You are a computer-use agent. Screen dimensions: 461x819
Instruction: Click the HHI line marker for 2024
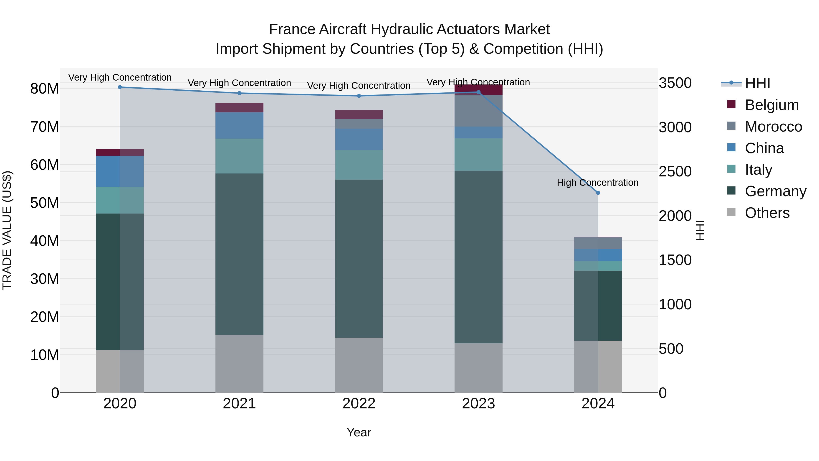(x=598, y=193)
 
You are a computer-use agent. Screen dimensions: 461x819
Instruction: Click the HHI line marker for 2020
(x=120, y=87)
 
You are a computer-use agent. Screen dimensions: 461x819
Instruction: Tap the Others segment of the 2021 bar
(x=239, y=363)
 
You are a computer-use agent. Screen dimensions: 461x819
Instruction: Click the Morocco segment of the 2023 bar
(x=478, y=111)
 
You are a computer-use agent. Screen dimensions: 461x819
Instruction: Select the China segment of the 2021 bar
(x=239, y=125)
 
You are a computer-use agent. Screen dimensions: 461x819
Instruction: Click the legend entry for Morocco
(x=773, y=127)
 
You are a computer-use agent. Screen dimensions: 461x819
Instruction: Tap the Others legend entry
(x=767, y=213)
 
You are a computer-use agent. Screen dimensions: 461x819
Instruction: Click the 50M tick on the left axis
(x=45, y=203)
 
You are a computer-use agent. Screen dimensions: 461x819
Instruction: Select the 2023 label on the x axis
(x=478, y=404)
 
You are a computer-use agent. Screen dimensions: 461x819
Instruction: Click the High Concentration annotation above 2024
(x=597, y=183)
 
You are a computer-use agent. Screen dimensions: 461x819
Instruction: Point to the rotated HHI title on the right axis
(x=700, y=230)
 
